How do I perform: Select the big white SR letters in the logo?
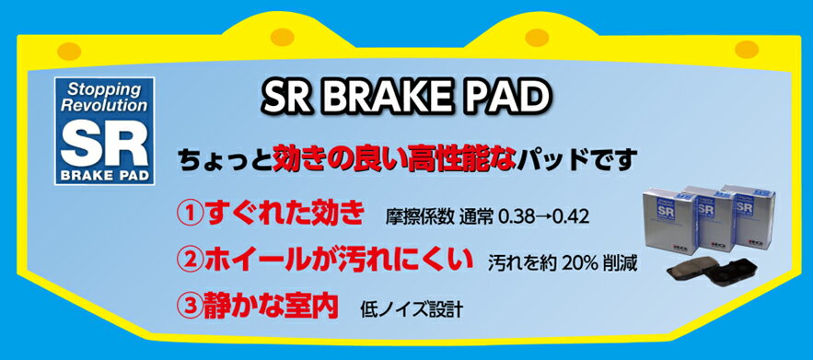[x=104, y=142]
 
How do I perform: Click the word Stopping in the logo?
[x=104, y=89]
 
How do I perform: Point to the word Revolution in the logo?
[x=104, y=105]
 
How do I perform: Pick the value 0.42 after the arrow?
[x=571, y=217]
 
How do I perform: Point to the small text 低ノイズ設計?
[x=410, y=309]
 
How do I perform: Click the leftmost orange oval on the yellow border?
[x=69, y=51]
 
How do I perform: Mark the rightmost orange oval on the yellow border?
[x=747, y=49]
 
